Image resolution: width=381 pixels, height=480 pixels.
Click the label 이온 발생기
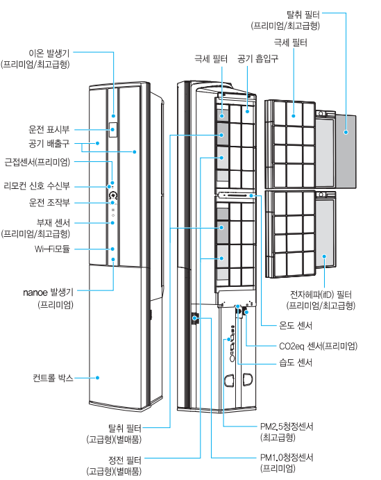[49, 53]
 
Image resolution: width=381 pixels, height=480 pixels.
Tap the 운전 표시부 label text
[49, 129]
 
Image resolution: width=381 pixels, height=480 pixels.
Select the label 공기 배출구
[49, 143]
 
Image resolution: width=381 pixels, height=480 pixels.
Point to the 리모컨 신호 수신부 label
[37, 185]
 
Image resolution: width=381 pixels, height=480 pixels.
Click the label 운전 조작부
[49, 202]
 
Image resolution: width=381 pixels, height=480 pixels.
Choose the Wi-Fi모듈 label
[52, 249]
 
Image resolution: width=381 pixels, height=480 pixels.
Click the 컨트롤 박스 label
[53, 378]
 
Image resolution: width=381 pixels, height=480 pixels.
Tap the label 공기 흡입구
[258, 58]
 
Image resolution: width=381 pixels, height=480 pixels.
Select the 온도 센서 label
[296, 325]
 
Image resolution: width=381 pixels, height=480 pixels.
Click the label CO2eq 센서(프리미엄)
[319, 346]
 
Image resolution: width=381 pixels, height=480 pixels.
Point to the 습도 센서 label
[296, 363]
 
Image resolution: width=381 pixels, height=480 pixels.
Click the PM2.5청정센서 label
[287, 427]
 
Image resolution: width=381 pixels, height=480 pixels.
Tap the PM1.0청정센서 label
[287, 457]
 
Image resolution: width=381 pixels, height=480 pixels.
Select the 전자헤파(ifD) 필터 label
[321, 295]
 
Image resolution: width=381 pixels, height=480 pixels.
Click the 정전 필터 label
[125, 460]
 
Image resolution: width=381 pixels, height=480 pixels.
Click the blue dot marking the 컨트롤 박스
[97, 378]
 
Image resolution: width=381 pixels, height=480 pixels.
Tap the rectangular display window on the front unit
[113, 130]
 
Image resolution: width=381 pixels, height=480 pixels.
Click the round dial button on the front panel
[113, 195]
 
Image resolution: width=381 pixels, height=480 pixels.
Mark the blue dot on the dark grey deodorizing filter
[346, 132]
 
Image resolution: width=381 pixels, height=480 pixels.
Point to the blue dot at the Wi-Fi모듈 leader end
[112, 249]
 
